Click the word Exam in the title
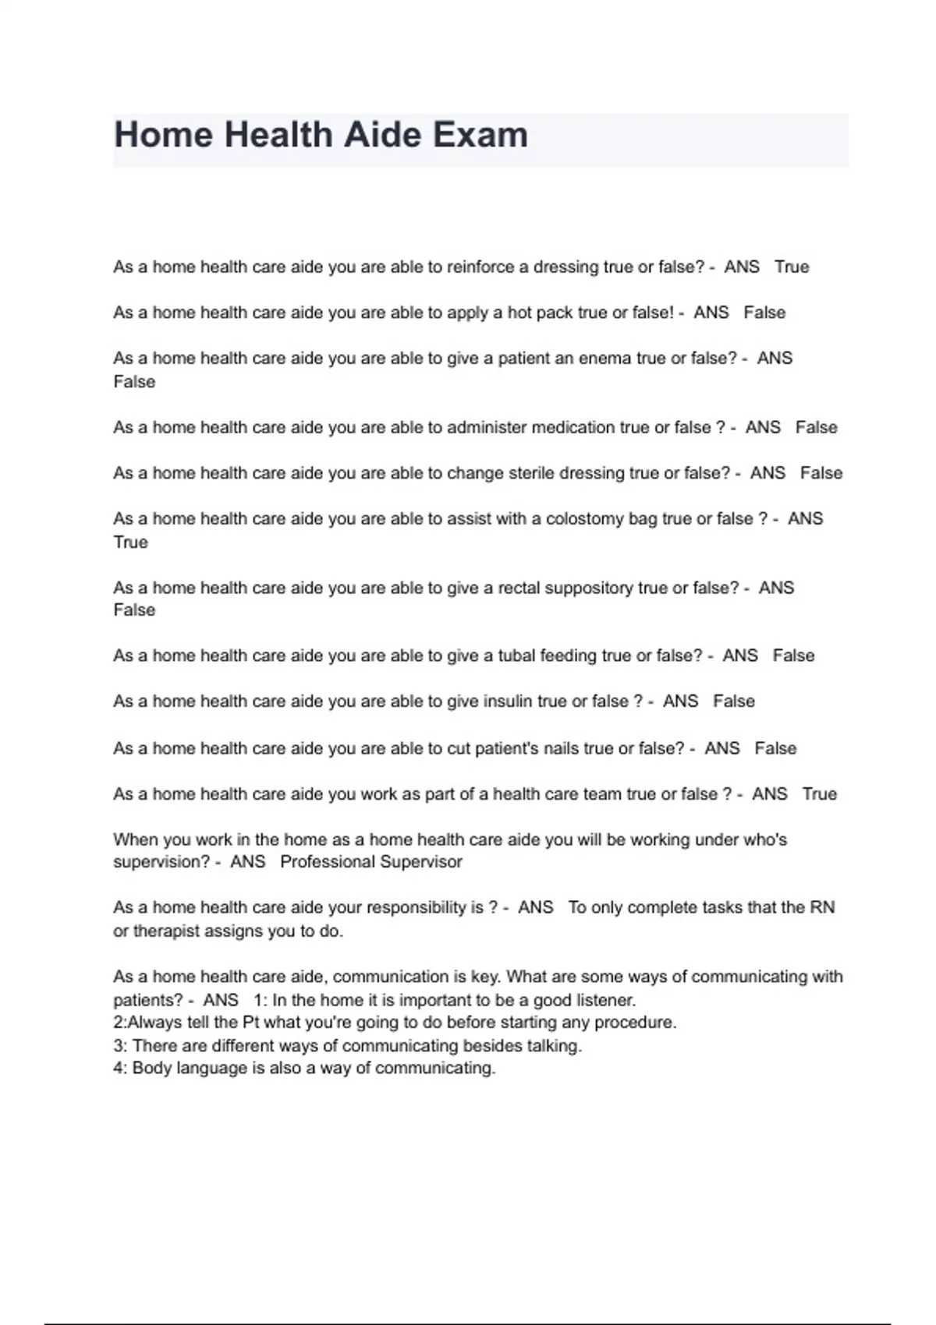[480, 135]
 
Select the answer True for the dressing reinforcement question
[792, 267]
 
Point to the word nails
[561, 748]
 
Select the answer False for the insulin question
[734, 701]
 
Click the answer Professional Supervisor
[371, 862]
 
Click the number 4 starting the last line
[119, 1069]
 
